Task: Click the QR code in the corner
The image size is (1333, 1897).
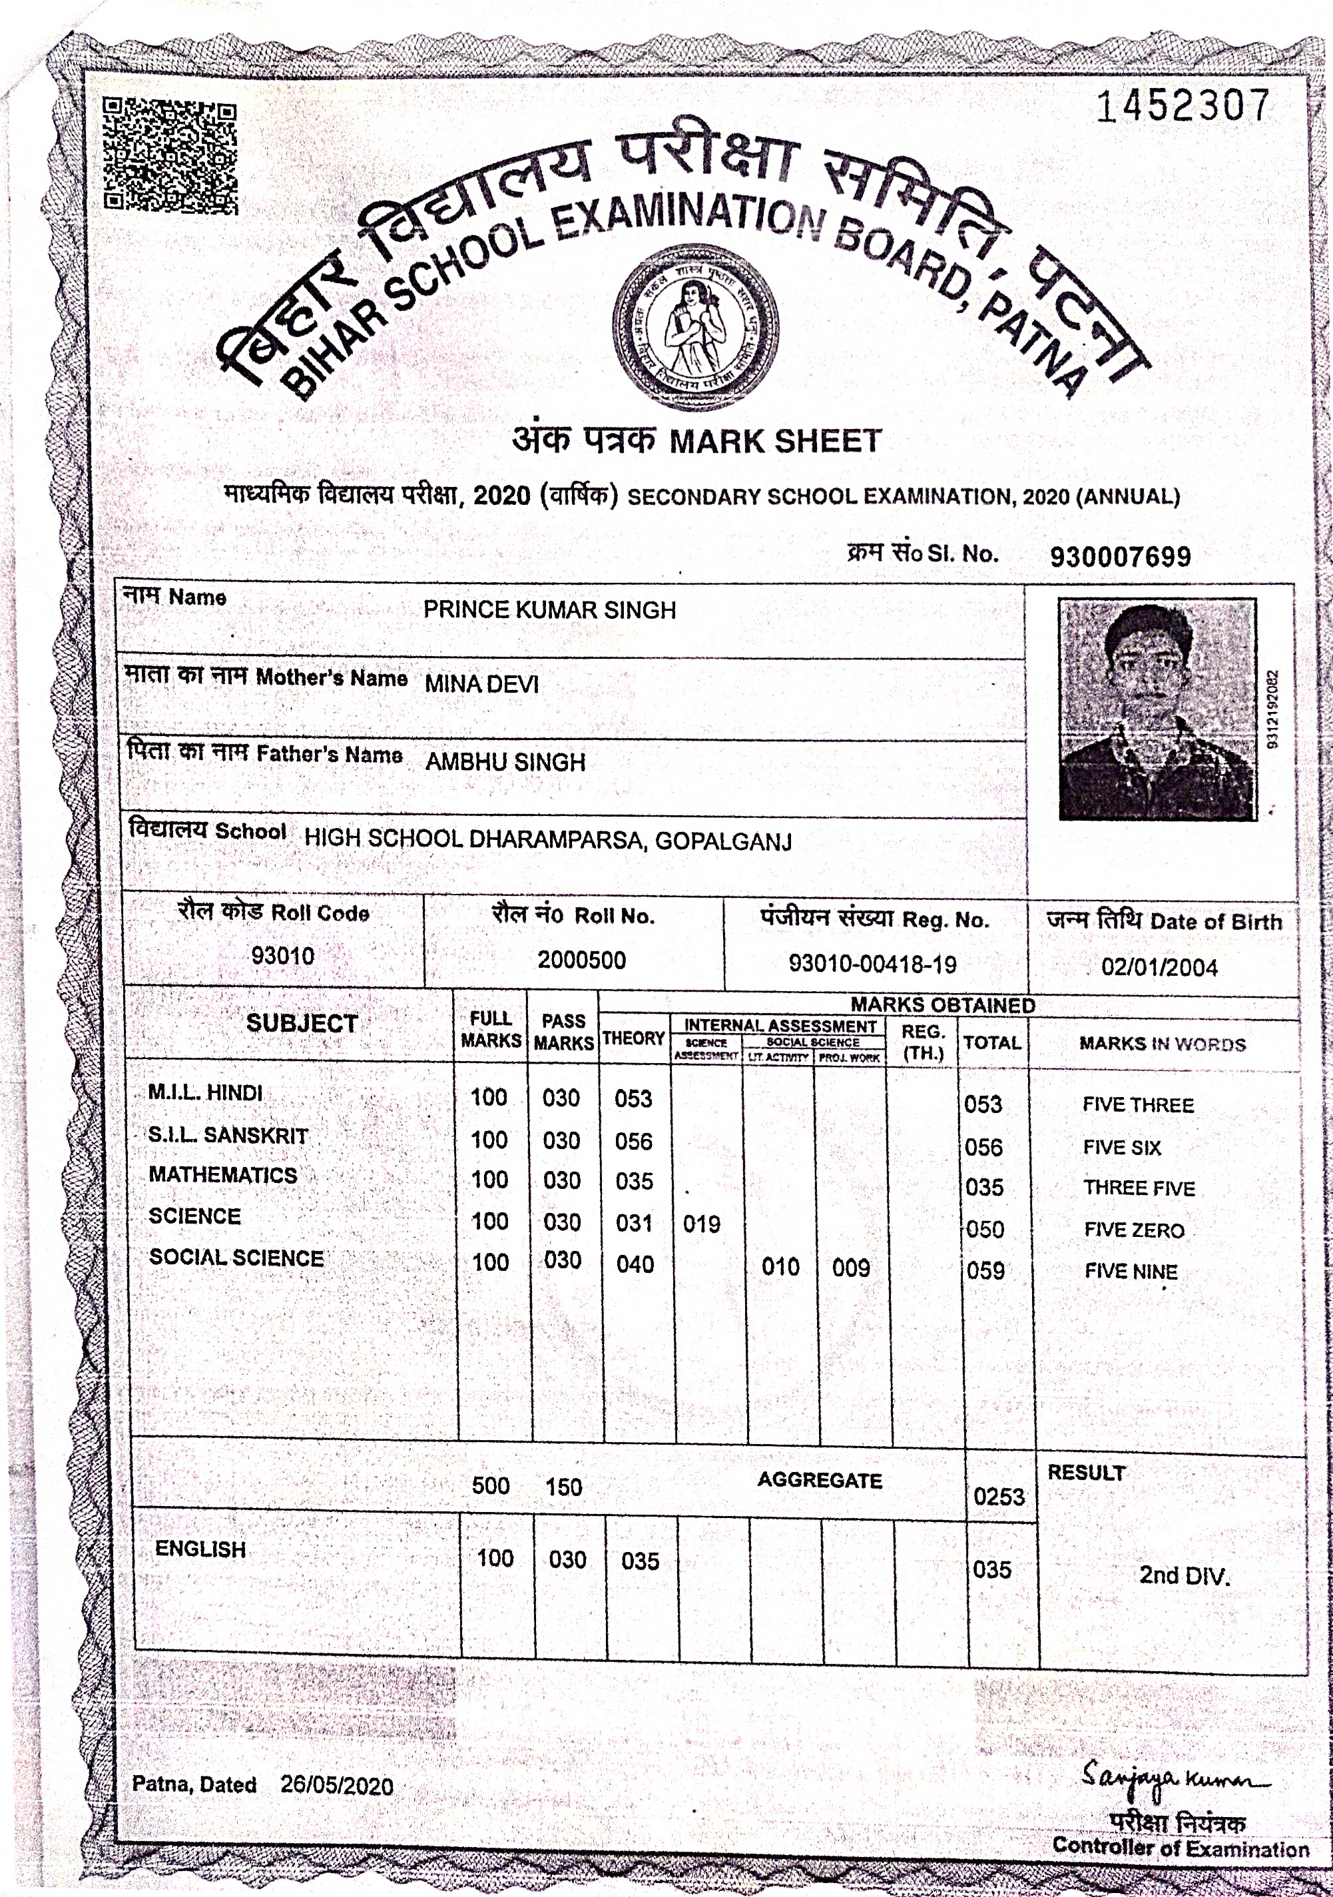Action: click(x=171, y=155)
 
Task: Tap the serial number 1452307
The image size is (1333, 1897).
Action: click(x=1182, y=107)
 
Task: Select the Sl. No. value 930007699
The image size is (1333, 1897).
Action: click(x=1120, y=557)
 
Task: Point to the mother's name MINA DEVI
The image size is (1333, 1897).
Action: click(x=481, y=684)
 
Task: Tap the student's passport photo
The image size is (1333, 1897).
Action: click(x=1157, y=709)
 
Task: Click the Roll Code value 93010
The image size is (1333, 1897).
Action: click(x=282, y=956)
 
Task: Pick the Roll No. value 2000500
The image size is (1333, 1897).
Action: click(x=581, y=960)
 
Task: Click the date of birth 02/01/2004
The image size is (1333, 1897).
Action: click(x=1159, y=968)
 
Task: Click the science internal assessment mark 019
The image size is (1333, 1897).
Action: click(x=701, y=1224)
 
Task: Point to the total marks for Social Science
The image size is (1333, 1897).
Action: click(x=985, y=1271)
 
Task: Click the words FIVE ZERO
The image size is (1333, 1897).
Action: click(x=1134, y=1230)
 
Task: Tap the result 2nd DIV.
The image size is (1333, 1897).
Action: click(x=1185, y=1575)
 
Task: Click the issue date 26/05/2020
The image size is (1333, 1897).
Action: click(x=336, y=1786)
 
